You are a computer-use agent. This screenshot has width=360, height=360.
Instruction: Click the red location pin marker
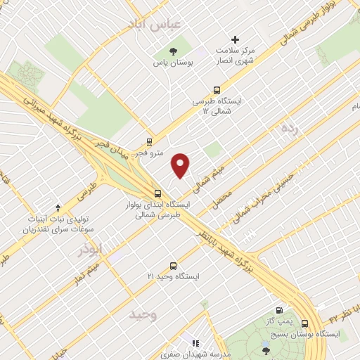181,165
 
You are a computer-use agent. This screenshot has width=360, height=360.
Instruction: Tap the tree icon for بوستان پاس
173,51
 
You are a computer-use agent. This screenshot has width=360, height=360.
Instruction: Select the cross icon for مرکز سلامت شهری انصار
235,39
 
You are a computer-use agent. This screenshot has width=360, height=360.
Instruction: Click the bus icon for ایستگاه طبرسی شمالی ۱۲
217,90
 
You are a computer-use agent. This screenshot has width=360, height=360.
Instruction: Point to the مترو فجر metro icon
149,141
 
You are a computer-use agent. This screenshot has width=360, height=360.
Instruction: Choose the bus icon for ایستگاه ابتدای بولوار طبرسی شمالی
157,193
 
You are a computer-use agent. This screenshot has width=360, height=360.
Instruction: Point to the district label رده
289,129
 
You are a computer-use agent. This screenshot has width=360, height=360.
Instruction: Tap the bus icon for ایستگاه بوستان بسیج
304,323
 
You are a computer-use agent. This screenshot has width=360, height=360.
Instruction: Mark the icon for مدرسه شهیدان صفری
195,344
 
